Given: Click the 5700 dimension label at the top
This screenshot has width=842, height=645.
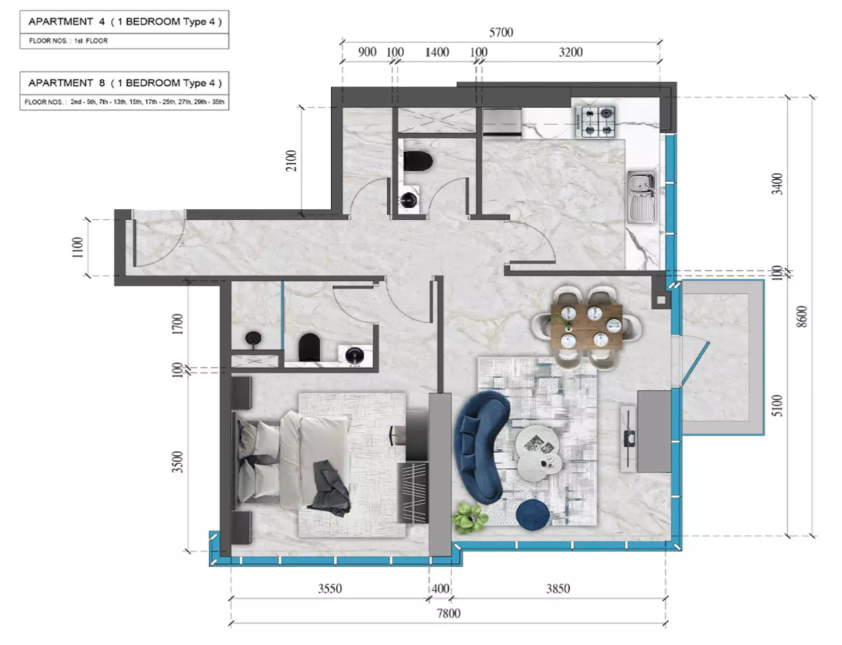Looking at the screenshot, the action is [x=501, y=33].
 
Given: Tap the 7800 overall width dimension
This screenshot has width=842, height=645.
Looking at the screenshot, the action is [x=448, y=613].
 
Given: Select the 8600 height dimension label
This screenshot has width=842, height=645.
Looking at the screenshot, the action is [x=802, y=316].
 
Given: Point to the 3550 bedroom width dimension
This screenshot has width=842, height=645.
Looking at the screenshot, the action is [x=330, y=588].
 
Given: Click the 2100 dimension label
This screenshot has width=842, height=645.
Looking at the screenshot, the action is [x=291, y=160].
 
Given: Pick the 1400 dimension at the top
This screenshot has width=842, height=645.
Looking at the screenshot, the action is [x=437, y=52].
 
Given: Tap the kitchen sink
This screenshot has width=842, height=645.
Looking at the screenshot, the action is [x=642, y=197].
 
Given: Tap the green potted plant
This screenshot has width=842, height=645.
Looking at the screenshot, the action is [x=471, y=518].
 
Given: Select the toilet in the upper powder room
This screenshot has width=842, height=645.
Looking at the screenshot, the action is [x=418, y=161].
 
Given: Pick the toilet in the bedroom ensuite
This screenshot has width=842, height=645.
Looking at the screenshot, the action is [x=309, y=347].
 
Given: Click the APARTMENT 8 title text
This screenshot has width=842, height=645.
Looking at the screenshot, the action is [x=125, y=83].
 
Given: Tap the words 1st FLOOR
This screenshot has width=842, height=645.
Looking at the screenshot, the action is [x=91, y=41].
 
